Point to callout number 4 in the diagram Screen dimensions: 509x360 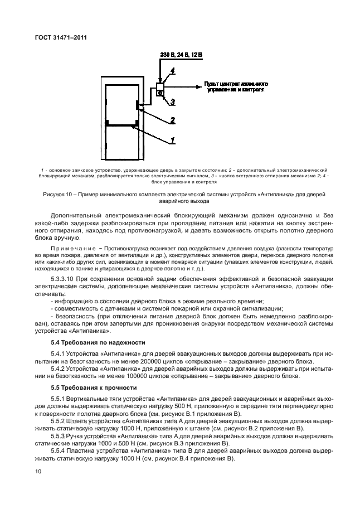tap(173, 71)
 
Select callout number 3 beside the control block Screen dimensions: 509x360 tap(173, 101)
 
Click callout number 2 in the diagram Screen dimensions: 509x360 tap(173, 119)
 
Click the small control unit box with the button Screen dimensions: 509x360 tap(160, 90)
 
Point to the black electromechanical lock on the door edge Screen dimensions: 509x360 tap(137, 105)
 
